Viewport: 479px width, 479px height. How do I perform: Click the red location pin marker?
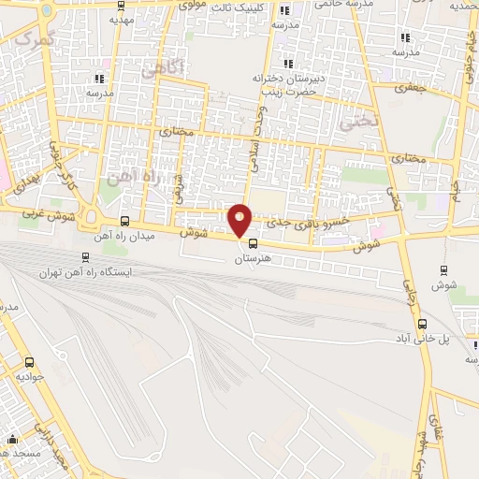tap(240, 219)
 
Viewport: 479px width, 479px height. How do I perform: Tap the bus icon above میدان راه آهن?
tap(125, 222)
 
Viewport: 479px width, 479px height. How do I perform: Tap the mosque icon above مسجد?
tap(12, 440)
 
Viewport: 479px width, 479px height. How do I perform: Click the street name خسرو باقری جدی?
tap(308, 221)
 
